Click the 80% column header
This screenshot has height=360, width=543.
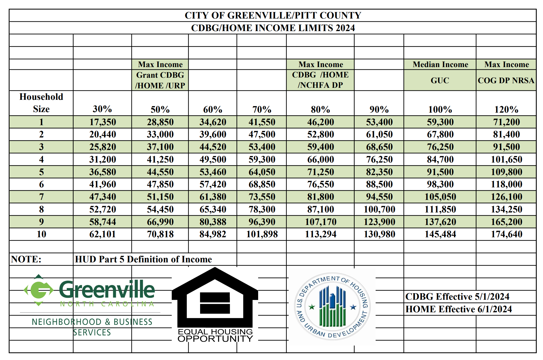tap(320, 109)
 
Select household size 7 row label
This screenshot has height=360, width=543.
tap(41, 197)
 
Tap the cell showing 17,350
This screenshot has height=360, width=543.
tap(102, 122)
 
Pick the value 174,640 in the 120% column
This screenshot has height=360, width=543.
tap(506, 234)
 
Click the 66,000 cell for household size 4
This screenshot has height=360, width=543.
tap(320, 159)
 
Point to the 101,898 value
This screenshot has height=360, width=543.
tap(262, 234)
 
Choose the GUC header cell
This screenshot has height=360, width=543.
tap(440, 80)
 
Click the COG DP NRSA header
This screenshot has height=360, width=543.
tap(506, 80)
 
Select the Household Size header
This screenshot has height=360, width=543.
tap(41, 103)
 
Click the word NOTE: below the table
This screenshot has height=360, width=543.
tap(26, 259)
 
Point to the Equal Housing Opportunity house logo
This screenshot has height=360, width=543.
tap(215, 300)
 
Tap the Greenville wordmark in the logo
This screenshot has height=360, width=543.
tap(107, 290)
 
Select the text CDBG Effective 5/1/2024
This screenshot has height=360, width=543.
tap(457, 296)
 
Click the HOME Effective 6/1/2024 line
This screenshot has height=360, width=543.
tap(458, 309)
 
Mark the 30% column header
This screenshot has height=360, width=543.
tap(102, 109)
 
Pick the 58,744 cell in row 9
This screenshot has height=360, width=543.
tap(102, 222)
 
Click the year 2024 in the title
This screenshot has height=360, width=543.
tap(345, 28)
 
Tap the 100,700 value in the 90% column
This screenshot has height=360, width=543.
tap(379, 209)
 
